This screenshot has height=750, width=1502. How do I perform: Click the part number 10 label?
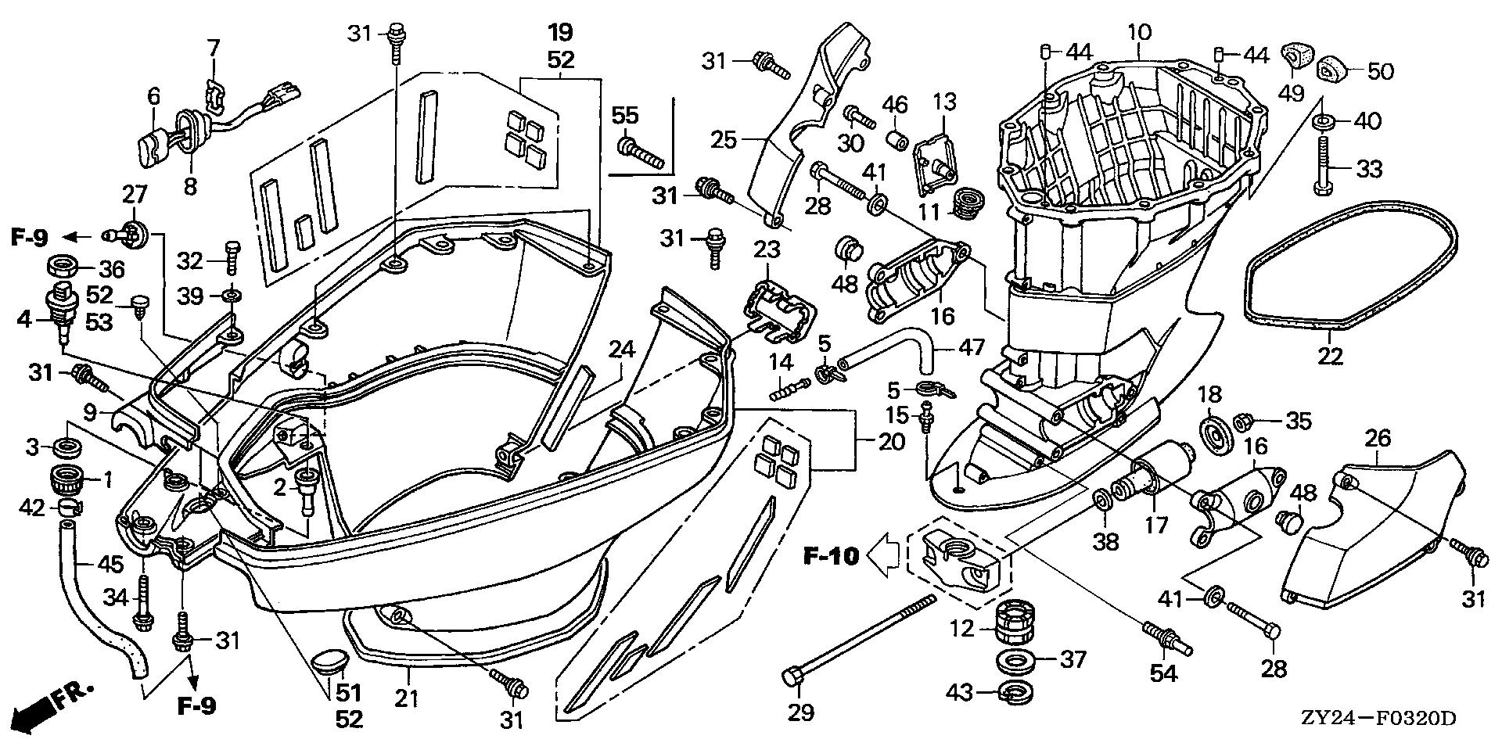1139,33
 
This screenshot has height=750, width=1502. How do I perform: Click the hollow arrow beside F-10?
884,556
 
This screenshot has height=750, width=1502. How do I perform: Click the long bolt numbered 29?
861,639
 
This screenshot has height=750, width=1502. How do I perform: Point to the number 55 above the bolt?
625,116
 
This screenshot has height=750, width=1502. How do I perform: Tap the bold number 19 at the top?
560,33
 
